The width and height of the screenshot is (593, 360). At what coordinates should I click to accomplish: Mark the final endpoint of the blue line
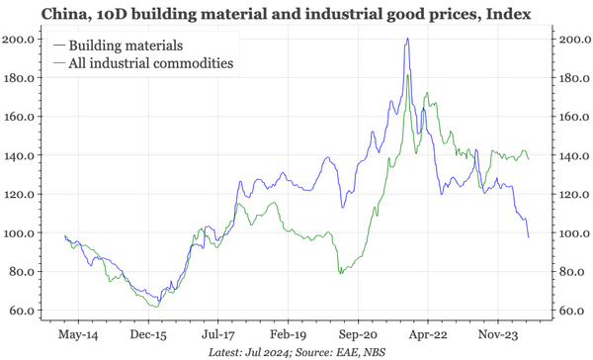[529, 237]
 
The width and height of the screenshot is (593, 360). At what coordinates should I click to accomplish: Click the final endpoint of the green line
[529, 159]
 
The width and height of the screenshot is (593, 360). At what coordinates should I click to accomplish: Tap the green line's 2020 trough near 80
[340, 273]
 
